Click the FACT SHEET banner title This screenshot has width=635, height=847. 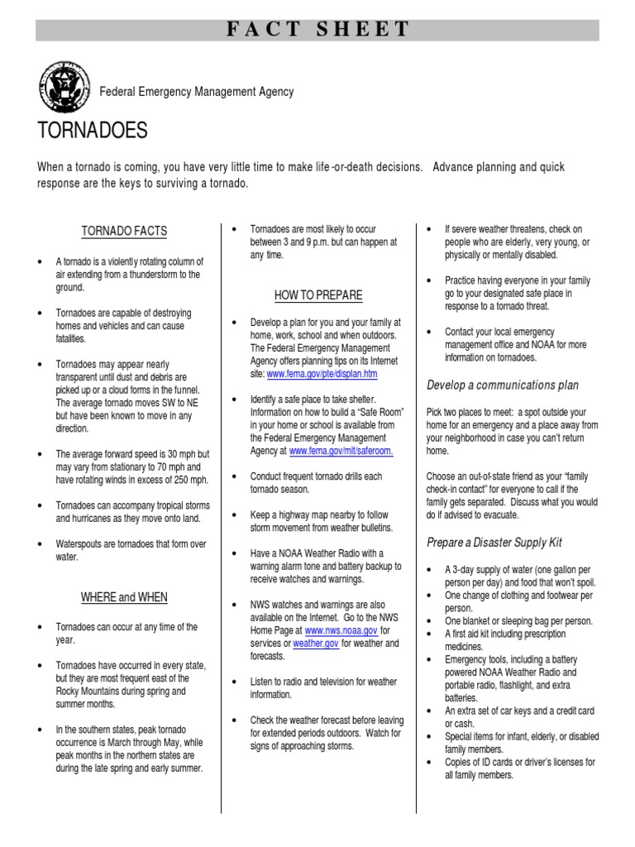[x=317, y=30]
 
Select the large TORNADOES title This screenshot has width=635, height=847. [x=93, y=130]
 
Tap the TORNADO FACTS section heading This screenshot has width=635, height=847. [x=124, y=231]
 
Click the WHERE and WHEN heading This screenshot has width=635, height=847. [x=124, y=596]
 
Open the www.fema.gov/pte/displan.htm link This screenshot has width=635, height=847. [x=322, y=374]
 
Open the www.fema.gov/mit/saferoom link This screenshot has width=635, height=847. [x=341, y=451]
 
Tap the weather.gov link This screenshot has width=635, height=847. [x=316, y=643]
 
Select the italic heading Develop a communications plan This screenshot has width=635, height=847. [x=503, y=385]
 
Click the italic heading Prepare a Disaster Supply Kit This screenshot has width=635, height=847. [x=494, y=543]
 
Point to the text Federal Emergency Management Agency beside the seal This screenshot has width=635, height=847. [x=197, y=92]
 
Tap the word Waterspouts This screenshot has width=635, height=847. [x=81, y=544]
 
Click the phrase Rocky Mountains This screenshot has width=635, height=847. [x=91, y=691]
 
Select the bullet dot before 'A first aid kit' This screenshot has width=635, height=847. [x=430, y=634]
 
